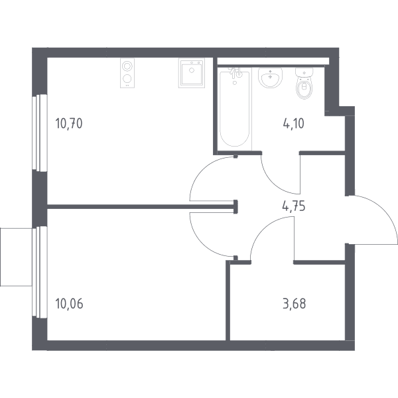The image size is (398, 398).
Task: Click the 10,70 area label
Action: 69,123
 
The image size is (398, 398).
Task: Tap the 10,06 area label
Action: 69,304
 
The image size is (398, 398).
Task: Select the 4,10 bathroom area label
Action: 293,123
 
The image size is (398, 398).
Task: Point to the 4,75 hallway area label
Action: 294,206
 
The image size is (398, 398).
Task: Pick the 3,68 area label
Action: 294,304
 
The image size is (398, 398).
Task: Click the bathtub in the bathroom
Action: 235,109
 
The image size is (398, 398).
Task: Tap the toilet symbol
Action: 304,83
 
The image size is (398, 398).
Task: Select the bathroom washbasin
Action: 271,78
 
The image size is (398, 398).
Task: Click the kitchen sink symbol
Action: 192,73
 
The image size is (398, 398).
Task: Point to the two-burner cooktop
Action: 127,73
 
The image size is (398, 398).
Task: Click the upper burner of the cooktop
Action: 127,66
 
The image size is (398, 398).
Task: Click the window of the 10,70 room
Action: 40,133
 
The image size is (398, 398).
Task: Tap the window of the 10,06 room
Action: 40,272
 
